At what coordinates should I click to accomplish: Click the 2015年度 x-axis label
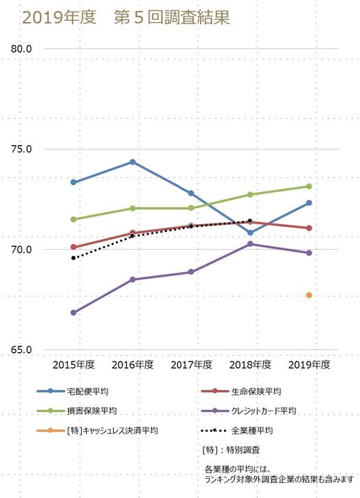pos(74,365)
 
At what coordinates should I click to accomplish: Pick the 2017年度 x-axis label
pos(191,365)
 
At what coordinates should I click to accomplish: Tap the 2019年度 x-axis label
pos(309,365)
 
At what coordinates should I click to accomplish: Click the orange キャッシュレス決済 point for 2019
pos(309,295)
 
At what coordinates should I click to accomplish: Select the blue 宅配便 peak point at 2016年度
pos(132,162)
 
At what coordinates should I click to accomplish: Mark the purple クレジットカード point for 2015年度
pos(74,312)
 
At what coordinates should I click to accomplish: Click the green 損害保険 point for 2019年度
pos(309,186)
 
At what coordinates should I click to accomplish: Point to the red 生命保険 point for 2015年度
pos(74,247)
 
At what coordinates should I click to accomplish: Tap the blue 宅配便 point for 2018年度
pos(250,233)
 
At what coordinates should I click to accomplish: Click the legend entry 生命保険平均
pos(256,391)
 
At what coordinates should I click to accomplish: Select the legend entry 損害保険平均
pos(92,410)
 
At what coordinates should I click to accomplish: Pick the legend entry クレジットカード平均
pos(263,410)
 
